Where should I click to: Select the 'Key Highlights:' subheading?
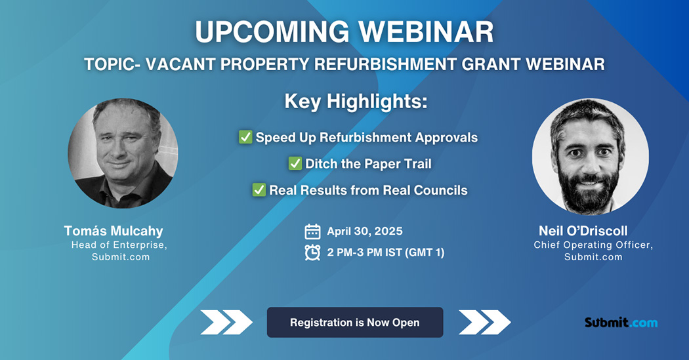[356, 102]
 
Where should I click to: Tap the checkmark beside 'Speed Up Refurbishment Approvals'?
[245, 138]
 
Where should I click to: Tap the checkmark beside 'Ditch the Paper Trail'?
[295, 164]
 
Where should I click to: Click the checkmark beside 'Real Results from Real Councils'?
[259, 190]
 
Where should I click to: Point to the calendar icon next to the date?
[313, 231]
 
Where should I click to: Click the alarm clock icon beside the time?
[313, 252]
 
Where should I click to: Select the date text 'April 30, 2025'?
[364, 231]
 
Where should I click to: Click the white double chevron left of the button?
[226, 322]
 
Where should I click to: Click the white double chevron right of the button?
[484, 322]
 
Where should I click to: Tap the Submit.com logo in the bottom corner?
[620, 323]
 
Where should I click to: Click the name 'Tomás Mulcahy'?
[114, 231]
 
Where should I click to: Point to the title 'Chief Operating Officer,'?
[593, 245]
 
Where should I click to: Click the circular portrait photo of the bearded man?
[590, 157]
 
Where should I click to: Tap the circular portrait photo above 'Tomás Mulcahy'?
[123, 153]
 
